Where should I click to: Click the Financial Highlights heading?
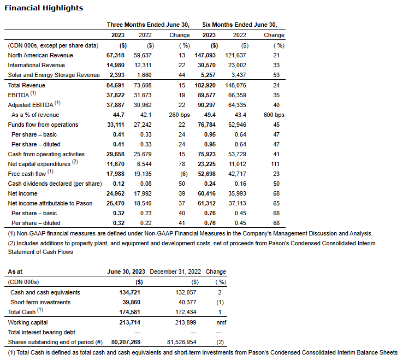pyautogui.click(x=44, y=8)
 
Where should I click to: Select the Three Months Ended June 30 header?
pyautogui.click(x=148, y=25)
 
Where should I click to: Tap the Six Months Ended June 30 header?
pyautogui.click(x=240, y=25)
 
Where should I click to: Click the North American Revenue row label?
pyautogui.click(x=40, y=55)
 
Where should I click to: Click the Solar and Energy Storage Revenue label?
pyautogui.click(x=54, y=75)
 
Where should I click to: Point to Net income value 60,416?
pyautogui.click(x=208, y=193)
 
